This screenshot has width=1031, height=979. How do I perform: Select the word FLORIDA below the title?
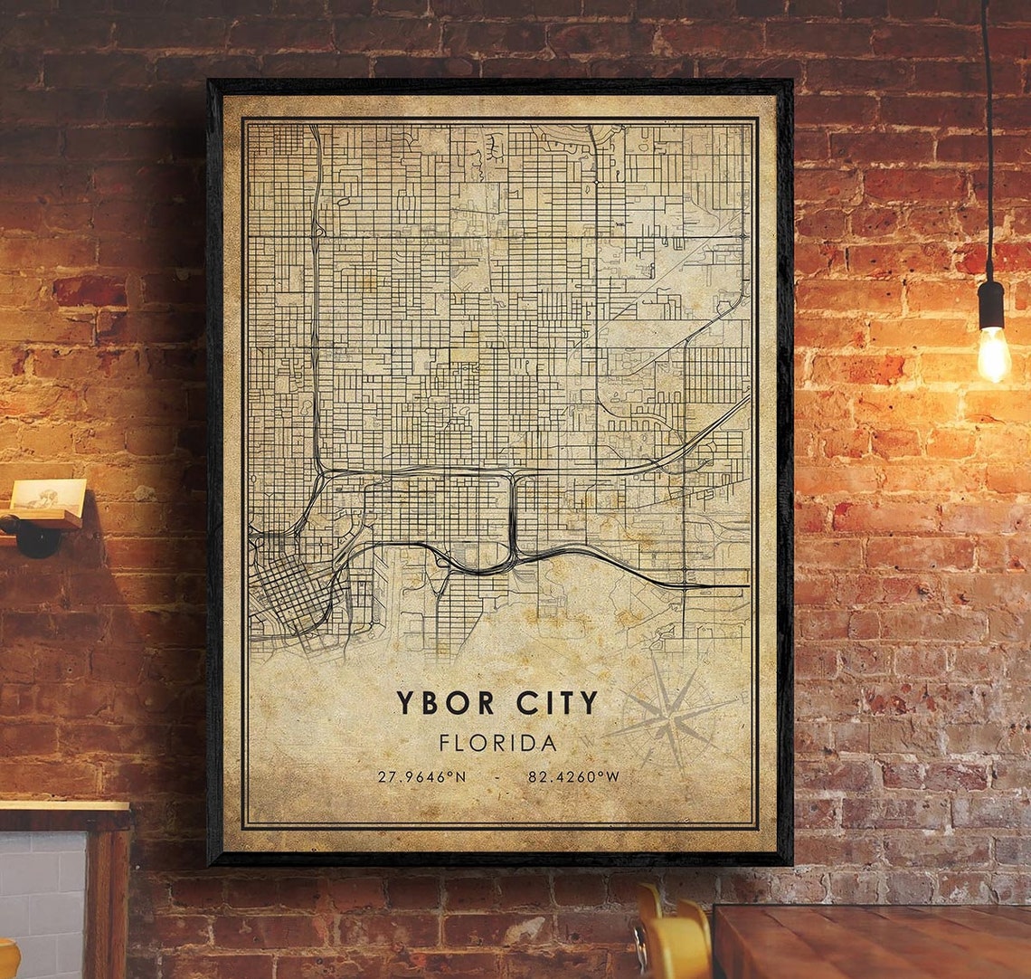[x=497, y=744]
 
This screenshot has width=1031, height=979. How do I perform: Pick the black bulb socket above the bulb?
[x=991, y=304]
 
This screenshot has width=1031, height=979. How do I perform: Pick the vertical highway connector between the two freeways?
[x=513, y=516]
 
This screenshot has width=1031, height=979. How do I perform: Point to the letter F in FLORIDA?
[x=445, y=744]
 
